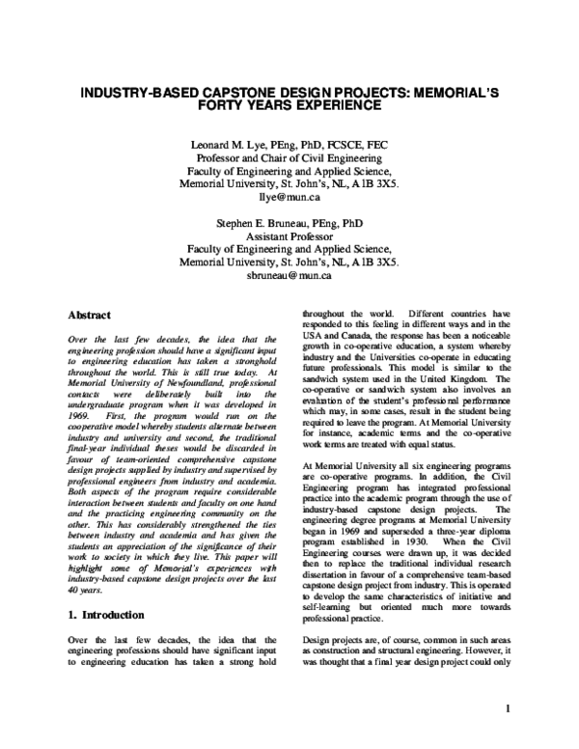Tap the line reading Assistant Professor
coord(289,234)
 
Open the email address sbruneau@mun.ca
coord(289,274)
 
